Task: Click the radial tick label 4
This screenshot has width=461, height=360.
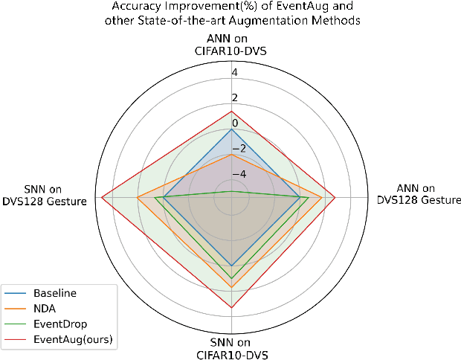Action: pos(234,73)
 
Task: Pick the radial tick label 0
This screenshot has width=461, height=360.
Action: pos(234,123)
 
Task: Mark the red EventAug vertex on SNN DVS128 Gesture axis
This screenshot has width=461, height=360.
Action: pos(103,197)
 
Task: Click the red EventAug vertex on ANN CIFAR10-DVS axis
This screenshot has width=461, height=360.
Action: pos(232,112)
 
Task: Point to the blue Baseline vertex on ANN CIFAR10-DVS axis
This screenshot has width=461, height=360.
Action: pos(232,129)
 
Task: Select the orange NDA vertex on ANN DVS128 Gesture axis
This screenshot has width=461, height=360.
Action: pos(321,197)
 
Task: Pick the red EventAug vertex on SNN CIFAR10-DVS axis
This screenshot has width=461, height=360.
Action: pos(232,307)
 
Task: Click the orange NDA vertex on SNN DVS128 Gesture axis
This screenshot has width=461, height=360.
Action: pos(136,197)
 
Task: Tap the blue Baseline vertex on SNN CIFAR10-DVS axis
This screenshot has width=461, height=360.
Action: pos(232,266)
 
